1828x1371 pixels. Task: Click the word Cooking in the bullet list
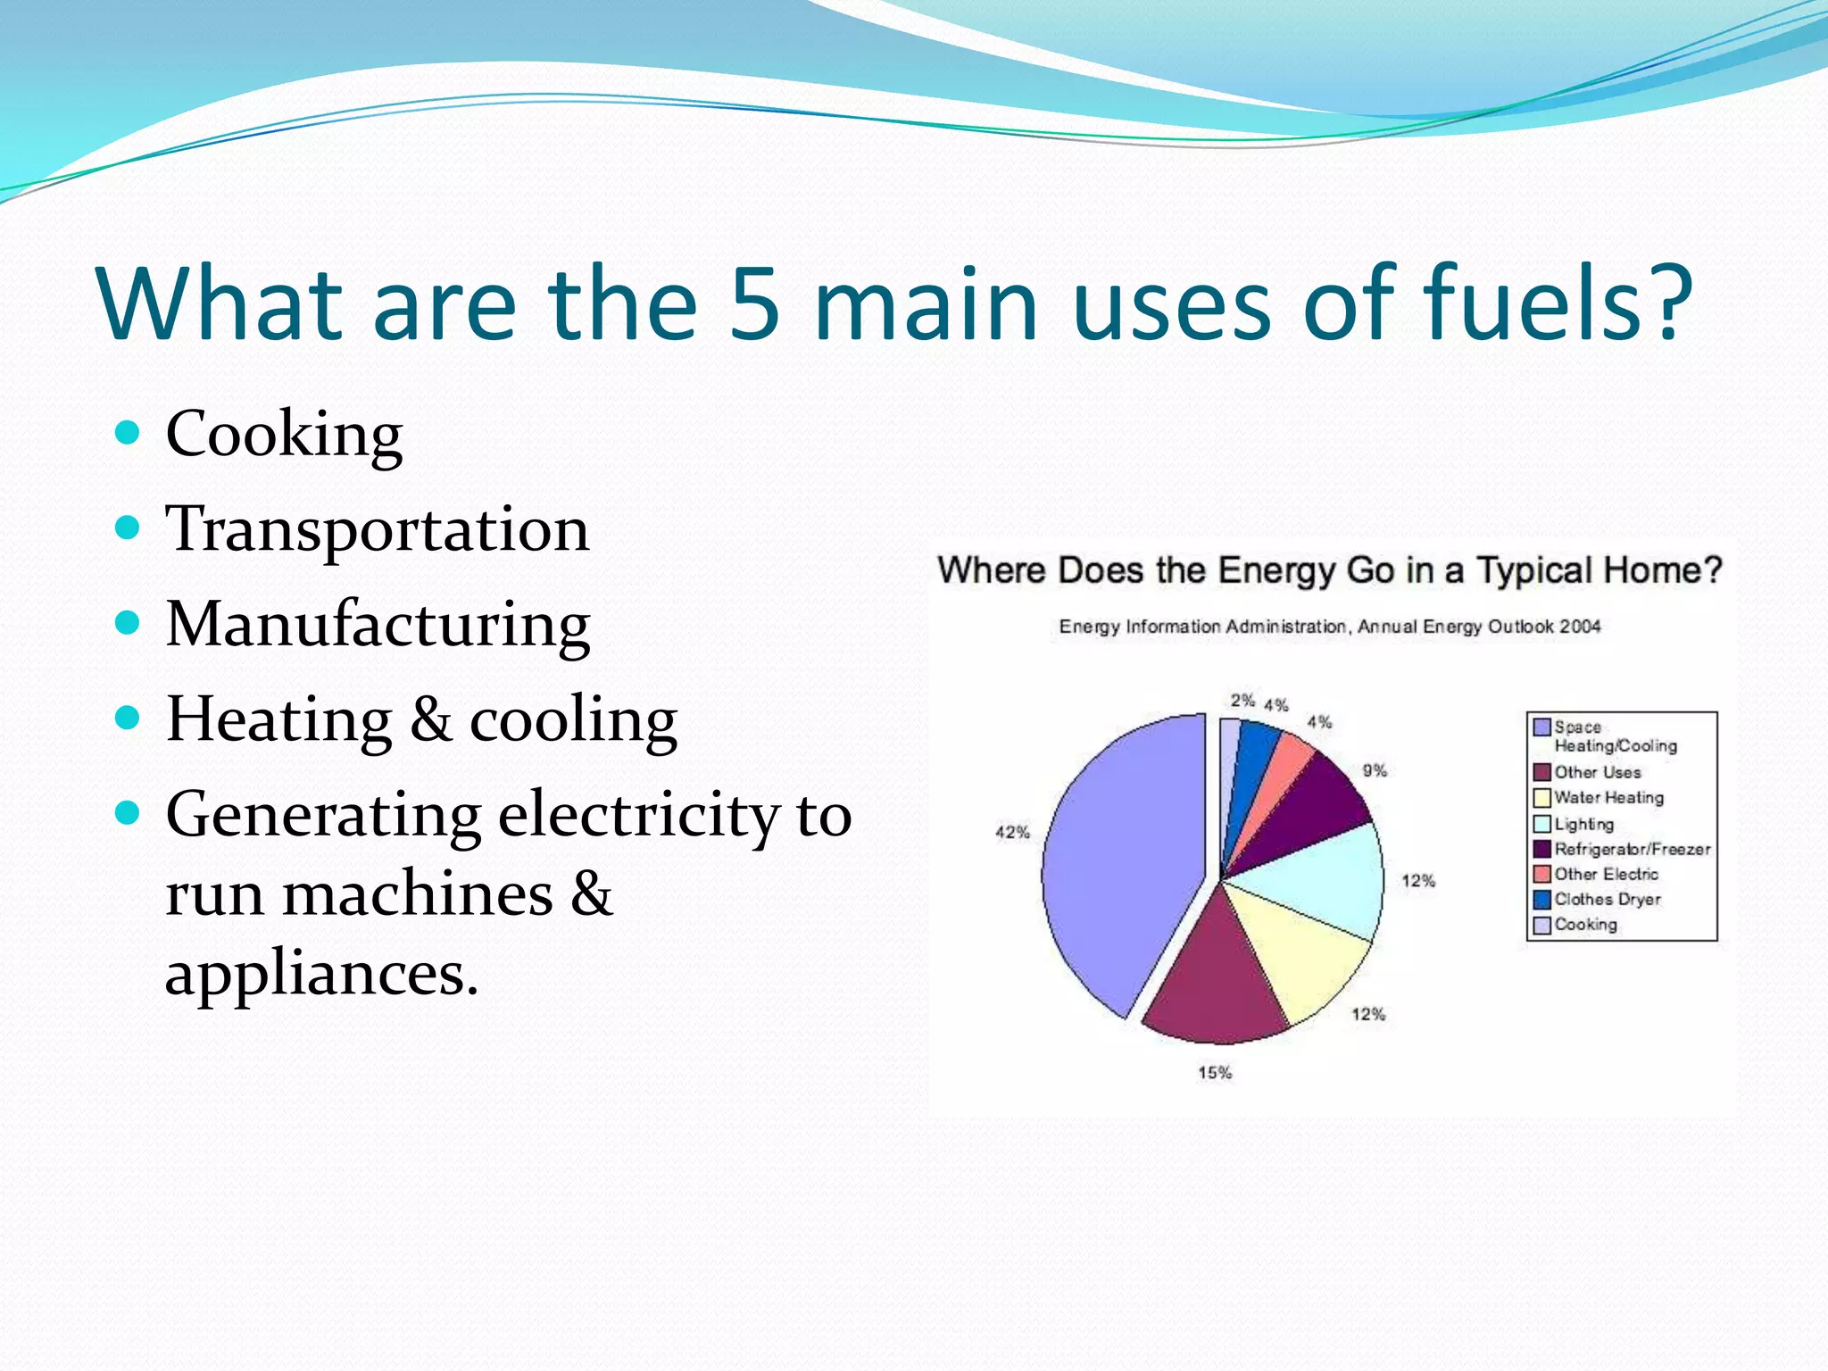[x=284, y=435]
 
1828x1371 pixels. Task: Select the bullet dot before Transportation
[x=129, y=528]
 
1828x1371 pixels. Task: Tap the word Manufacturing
[x=378, y=624]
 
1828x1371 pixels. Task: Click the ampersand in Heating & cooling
[x=430, y=719]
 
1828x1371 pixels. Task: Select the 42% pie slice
[x=1125, y=866]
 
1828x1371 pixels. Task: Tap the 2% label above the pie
[x=1242, y=701]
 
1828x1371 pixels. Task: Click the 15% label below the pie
[x=1215, y=1073]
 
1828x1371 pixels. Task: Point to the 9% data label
[x=1375, y=770]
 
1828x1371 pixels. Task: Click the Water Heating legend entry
[x=1608, y=798]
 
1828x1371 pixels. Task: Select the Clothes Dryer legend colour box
[x=1541, y=900]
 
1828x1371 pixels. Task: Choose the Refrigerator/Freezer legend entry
[x=1632, y=849]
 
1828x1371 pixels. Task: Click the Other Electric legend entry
[x=1606, y=875]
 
